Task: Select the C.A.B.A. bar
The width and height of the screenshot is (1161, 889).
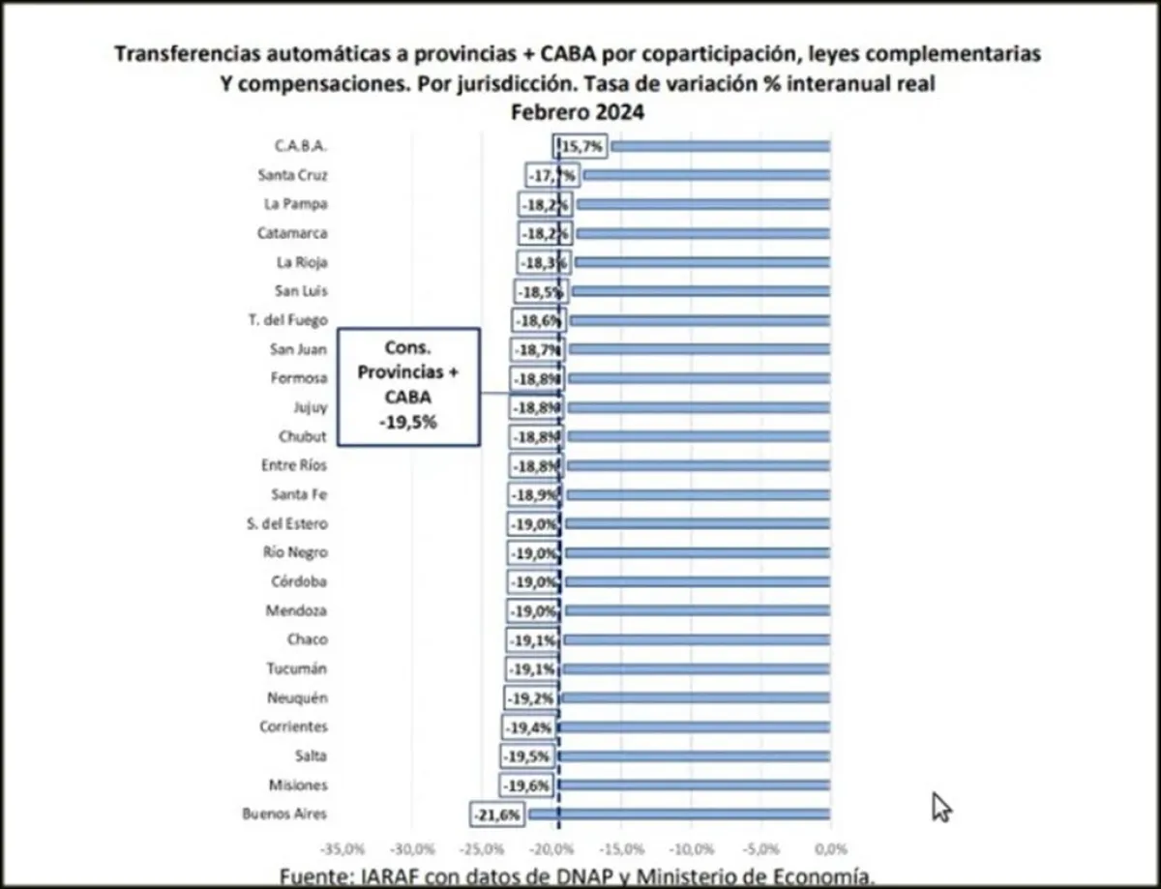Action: coord(720,146)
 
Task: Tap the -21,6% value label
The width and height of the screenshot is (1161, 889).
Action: coord(498,815)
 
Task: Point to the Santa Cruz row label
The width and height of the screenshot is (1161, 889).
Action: coord(293,175)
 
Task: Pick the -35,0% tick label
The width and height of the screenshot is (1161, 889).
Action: coord(344,849)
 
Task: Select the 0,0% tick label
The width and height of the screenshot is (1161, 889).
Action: coord(830,849)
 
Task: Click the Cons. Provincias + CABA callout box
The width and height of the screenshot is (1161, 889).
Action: coord(409,387)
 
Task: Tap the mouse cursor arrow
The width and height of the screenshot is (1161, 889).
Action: coord(940,807)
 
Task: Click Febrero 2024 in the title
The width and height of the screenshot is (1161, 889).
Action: coord(579,111)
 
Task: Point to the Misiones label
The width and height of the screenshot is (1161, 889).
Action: coord(298,785)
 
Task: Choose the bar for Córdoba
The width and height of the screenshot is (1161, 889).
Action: coord(697,581)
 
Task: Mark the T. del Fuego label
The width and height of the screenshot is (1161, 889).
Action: coord(288,320)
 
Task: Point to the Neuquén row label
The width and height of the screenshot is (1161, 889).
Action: coord(296,697)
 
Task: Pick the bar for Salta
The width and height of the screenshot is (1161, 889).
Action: coord(694,756)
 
